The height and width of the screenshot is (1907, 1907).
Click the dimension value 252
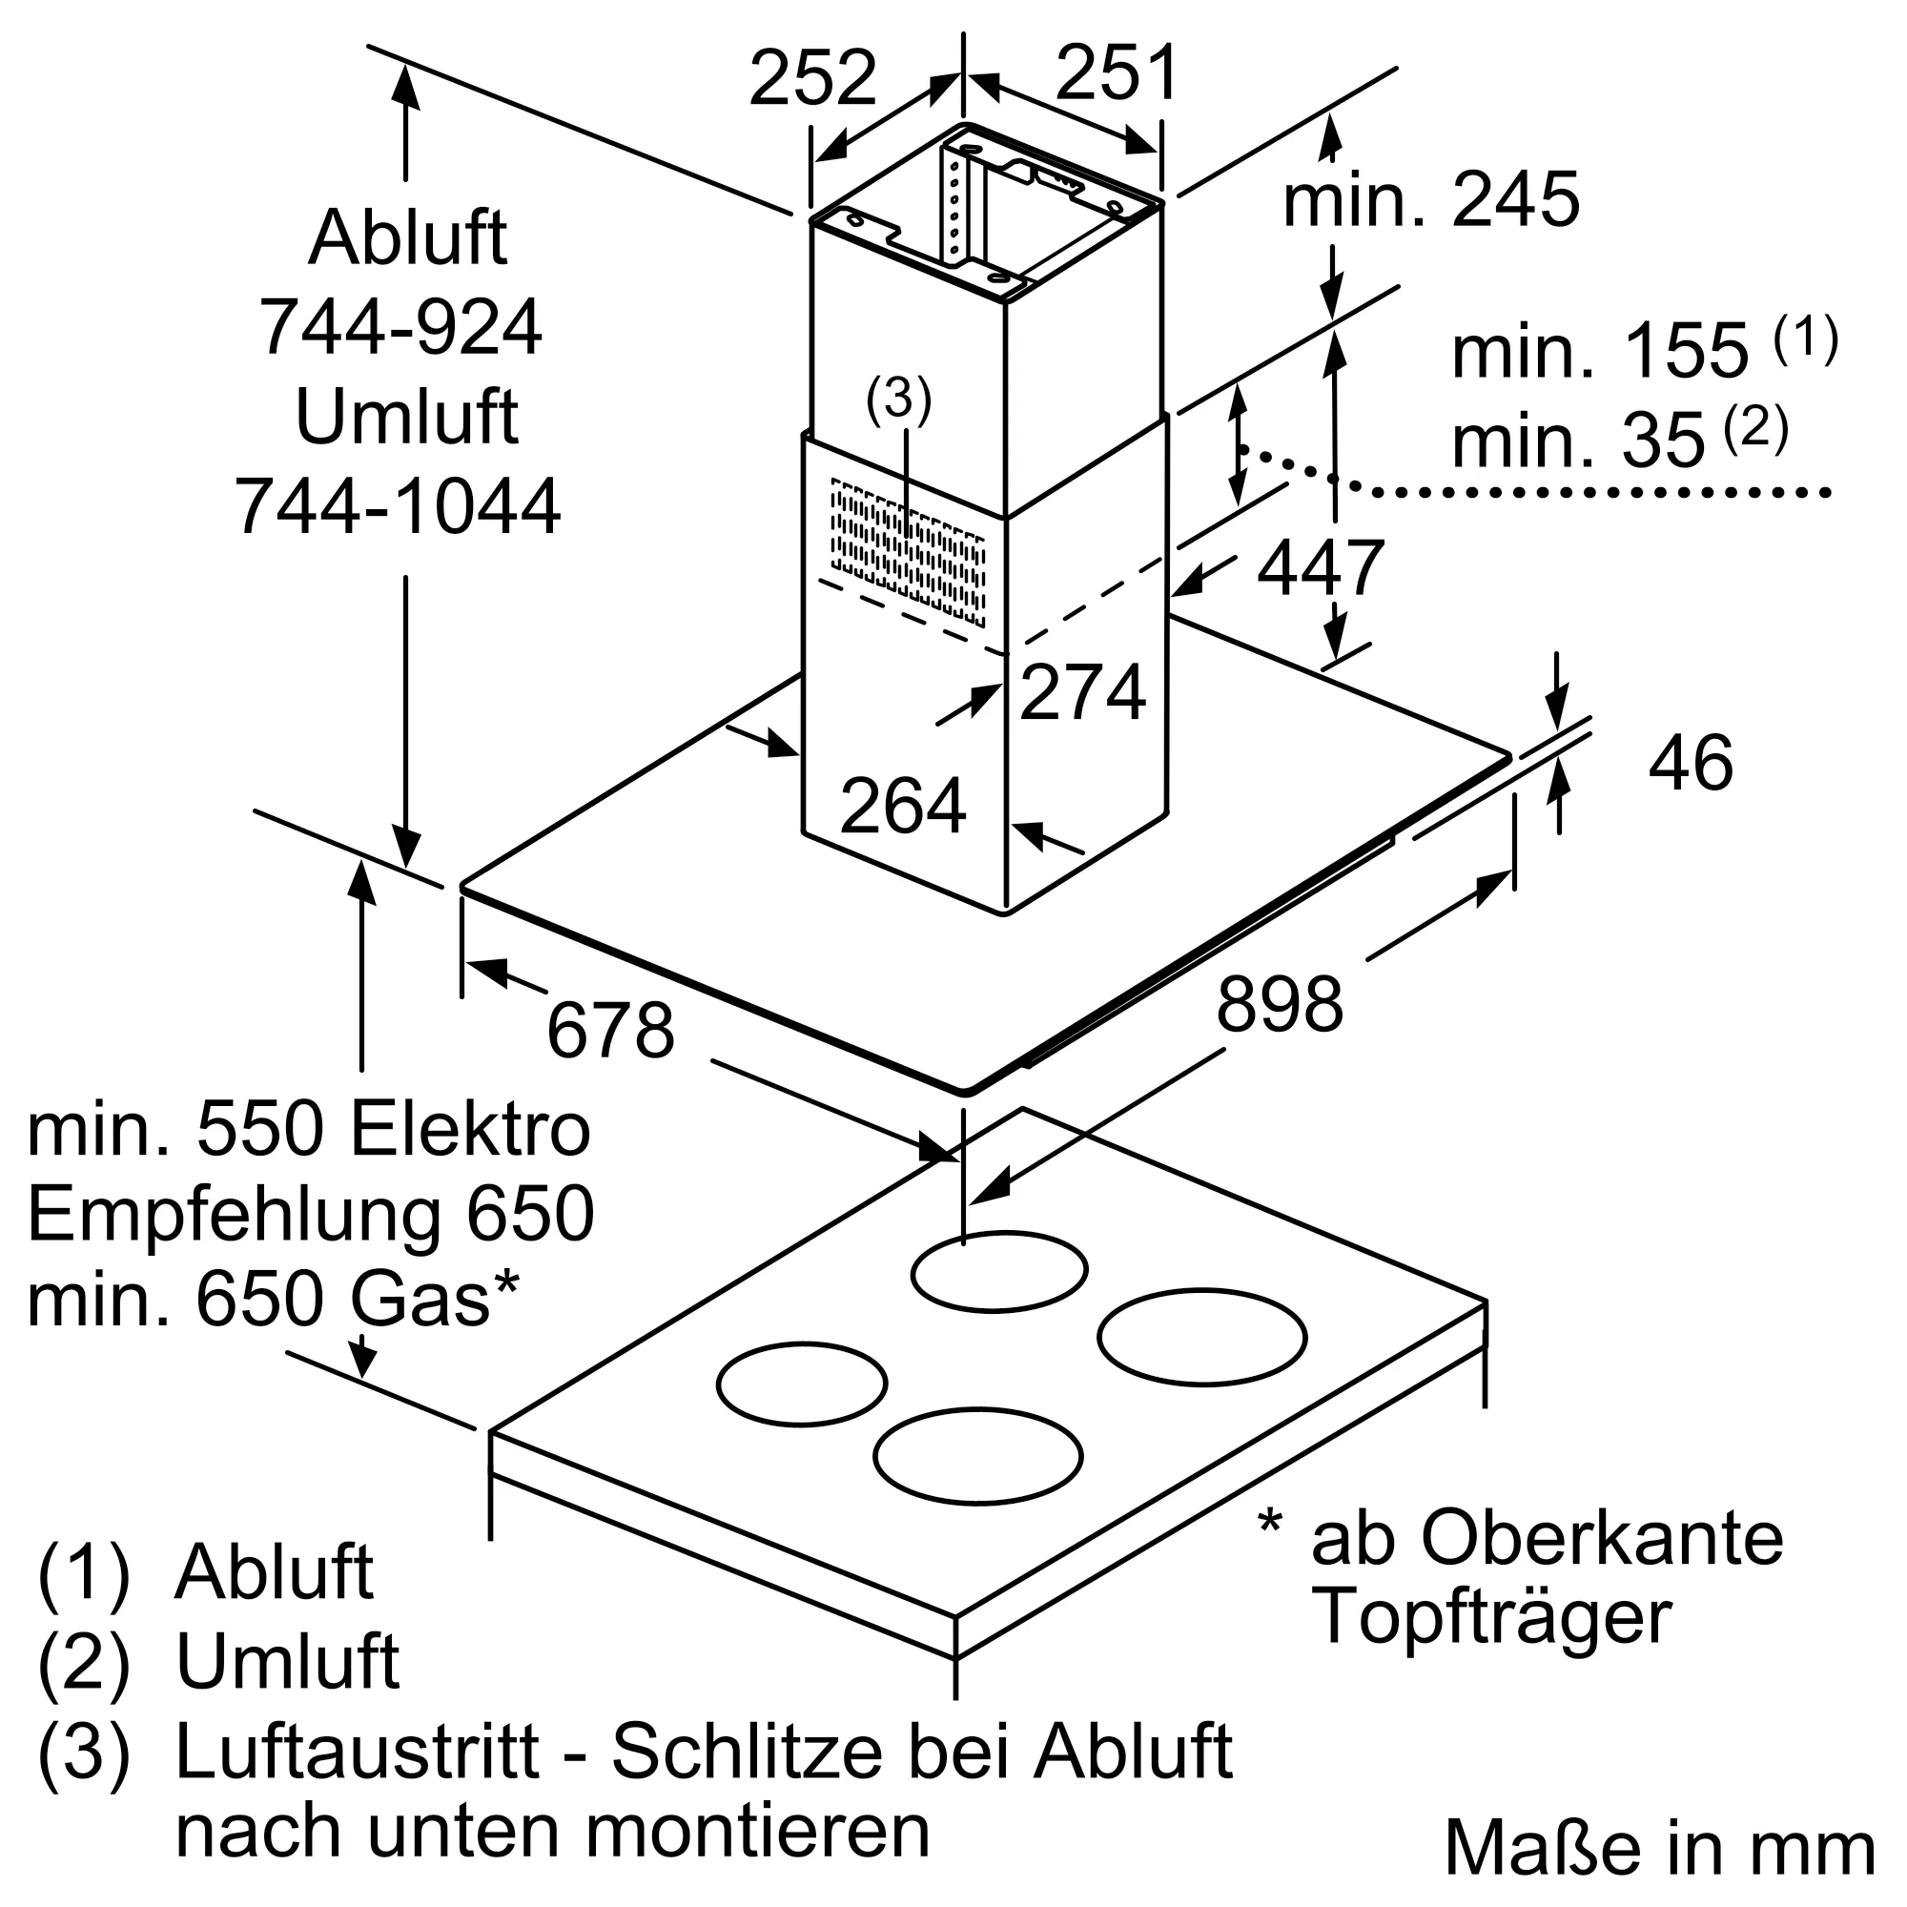coord(811,78)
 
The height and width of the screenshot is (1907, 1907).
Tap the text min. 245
coord(1430,200)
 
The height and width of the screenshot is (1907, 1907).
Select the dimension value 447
coord(1320,568)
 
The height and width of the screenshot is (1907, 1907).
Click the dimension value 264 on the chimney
coord(902,807)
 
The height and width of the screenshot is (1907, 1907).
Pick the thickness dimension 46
coord(1690,763)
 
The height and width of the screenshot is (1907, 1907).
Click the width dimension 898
coord(1280,1004)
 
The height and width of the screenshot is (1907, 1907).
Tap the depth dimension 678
coord(610,1031)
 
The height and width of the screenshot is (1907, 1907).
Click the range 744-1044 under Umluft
coord(398,507)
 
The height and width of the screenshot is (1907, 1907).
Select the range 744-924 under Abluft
coord(400,328)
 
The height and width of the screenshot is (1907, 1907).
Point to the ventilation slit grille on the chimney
coord(907,552)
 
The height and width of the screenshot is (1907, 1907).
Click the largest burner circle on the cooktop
coord(1201,1338)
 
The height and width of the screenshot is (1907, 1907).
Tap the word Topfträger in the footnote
coord(1490,1616)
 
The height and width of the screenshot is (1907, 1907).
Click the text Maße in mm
coord(1658,1848)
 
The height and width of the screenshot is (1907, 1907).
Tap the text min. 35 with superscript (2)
coord(1619,439)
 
